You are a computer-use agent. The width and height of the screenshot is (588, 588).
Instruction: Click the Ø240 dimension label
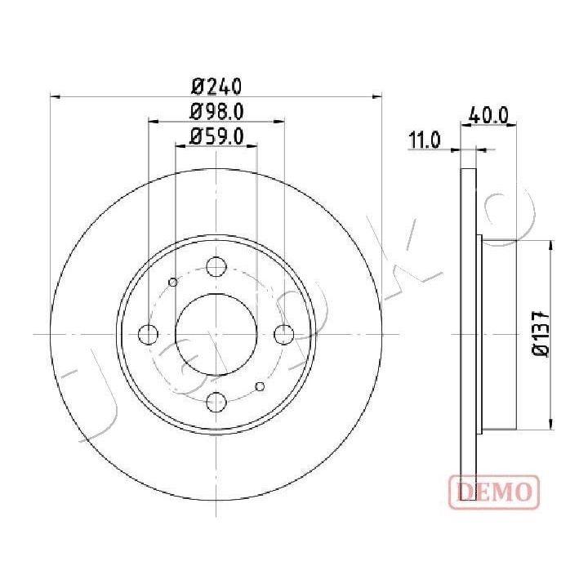click(x=216, y=87)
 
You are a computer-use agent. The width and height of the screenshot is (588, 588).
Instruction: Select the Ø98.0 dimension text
click(x=217, y=112)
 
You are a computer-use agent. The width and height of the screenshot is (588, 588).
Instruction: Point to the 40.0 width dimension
click(x=488, y=115)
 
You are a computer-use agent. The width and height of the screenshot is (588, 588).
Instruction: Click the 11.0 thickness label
click(x=424, y=140)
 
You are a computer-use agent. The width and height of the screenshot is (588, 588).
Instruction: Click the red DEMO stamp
click(x=494, y=492)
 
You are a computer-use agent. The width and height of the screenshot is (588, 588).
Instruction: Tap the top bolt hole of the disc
click(x=216, y=266)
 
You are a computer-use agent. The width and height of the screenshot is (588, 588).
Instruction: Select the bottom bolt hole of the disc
click(x=216, y=402)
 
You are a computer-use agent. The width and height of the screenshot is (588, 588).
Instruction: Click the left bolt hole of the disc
click(x=148, y=334)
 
